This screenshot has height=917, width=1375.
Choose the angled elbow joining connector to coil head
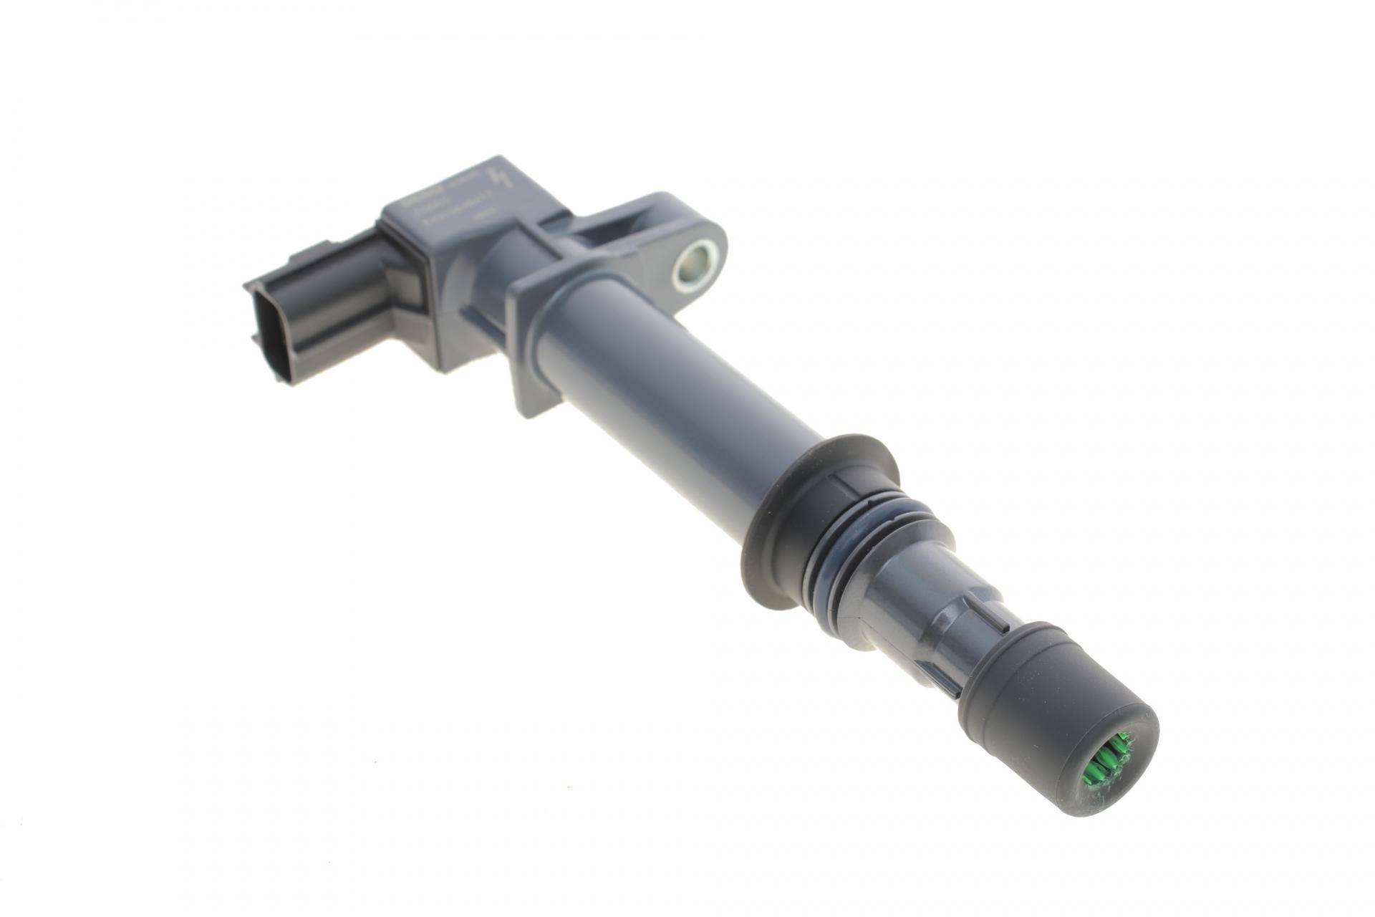pyautogui.click(x=401, y=287)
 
